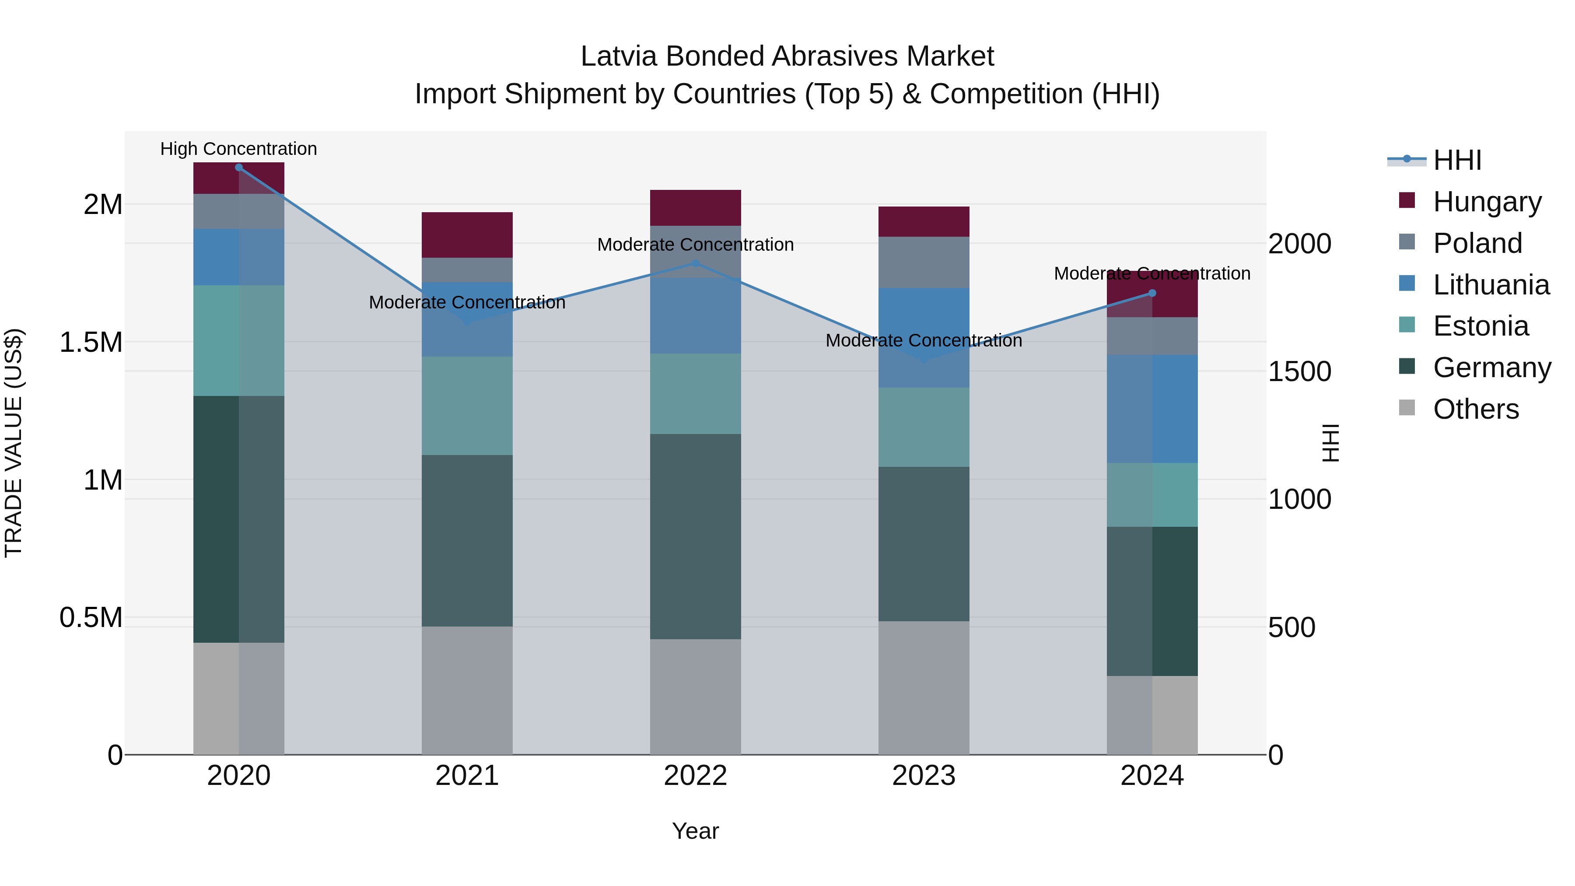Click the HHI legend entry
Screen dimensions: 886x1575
1457,160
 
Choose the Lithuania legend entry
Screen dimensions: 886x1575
1491,285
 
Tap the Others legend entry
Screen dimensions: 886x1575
1475,409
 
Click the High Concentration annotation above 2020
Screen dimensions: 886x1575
238,149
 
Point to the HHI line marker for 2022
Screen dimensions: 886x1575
695,263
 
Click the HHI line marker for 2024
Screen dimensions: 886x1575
1152,293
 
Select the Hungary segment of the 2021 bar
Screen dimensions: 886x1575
467,235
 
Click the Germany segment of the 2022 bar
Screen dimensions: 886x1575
695,537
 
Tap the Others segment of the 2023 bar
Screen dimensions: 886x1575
924,688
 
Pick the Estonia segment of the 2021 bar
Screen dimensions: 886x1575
467,406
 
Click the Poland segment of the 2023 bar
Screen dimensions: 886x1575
924,263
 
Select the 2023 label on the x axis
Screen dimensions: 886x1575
924,776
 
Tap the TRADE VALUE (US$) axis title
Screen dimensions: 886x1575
14,443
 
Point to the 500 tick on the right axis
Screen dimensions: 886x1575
1291,628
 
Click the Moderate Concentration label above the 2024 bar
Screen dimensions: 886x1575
1152,273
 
